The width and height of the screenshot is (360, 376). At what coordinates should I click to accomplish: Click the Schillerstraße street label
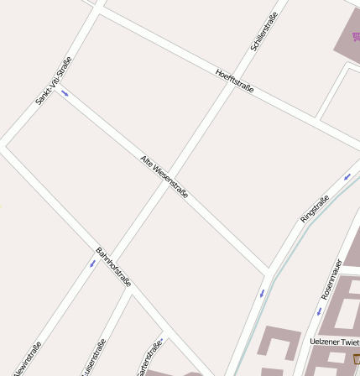pyautogui.click(x=263, y=32)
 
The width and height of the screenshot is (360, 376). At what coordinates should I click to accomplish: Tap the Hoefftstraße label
pyautogui.click(x=234, y=81)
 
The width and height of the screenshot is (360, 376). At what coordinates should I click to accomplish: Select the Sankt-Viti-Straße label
pyautogui.click(x=51, y=80)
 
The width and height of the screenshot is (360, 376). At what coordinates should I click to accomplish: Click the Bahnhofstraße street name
pyautogui.click(x=113, y=267)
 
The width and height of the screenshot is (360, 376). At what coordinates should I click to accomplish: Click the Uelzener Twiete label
pyautogui.click(x=334, y=342)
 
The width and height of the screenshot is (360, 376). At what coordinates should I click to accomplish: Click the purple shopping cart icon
pyautogui.click(x=356, y=36)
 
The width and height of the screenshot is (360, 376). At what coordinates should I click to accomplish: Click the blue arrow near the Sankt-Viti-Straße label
pyautogui.click(x=64, y=93)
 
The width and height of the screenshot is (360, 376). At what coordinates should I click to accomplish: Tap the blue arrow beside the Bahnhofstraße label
pyautogui.click(x=92, y=264)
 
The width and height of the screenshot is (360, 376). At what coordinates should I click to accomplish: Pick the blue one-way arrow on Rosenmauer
pyautogui.click(x=319, y=311)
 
